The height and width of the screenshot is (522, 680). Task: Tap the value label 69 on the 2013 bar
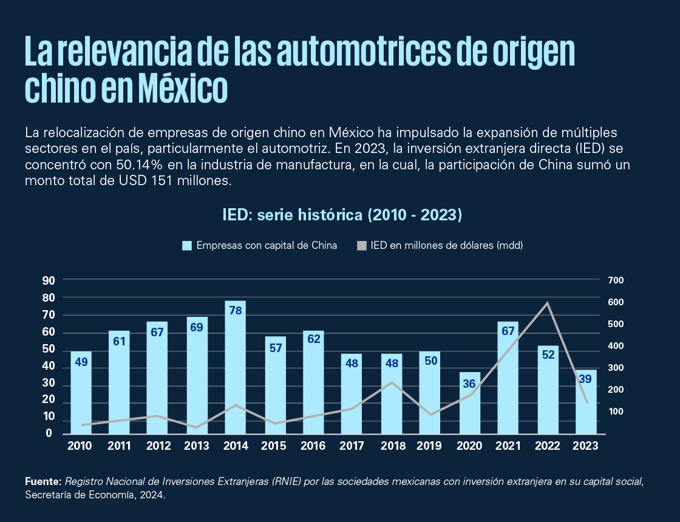[197, 328]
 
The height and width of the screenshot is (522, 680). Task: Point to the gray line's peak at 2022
[547, 302]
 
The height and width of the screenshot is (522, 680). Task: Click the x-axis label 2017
[352, 446]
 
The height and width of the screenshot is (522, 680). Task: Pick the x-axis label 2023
[585, 446]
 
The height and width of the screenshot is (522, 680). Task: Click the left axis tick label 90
[49, 280]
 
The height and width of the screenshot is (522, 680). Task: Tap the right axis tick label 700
[616, 280]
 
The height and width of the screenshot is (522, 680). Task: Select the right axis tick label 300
[616, 368]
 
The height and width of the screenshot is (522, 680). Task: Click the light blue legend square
[187, 246]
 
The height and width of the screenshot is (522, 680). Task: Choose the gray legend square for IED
[362, 246]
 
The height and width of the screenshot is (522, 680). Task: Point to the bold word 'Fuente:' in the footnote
[43, 481]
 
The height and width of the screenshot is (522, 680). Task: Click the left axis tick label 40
[49, 367]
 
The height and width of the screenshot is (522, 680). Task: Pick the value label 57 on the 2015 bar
[276, 348]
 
